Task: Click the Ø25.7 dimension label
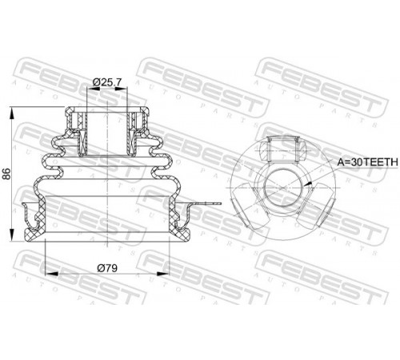(x=107, y=82)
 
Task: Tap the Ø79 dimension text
(x=107, y=268)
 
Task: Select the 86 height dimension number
(x=6, y=174)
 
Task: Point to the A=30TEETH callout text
(x=367, y=162)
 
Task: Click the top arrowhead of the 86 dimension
(x=11, y=113)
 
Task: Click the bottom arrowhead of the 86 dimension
(x=11, y=235)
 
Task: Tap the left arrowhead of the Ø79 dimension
(x=52, y=274)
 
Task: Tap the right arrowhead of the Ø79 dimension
(x=163, y=274)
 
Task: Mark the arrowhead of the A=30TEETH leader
(x=309, y=184)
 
